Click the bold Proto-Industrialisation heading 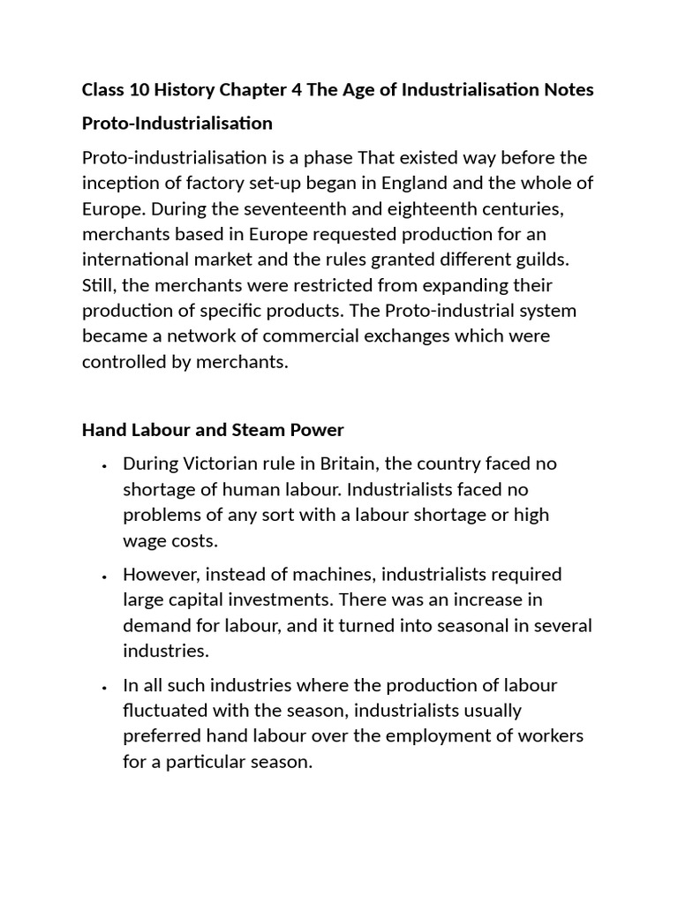(177, 123)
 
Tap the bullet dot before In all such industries (104, 687)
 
